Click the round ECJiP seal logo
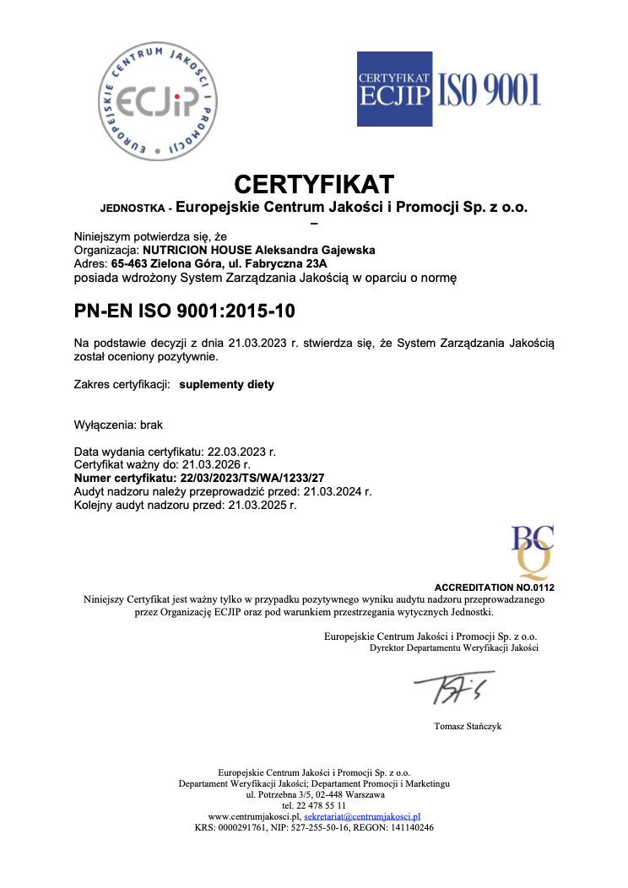158,102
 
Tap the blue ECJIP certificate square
394,89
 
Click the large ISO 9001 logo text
488,89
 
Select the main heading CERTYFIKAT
314,183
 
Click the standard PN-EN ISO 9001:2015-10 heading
185,311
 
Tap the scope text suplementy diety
226,384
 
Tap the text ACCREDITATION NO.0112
494,587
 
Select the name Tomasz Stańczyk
467,726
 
